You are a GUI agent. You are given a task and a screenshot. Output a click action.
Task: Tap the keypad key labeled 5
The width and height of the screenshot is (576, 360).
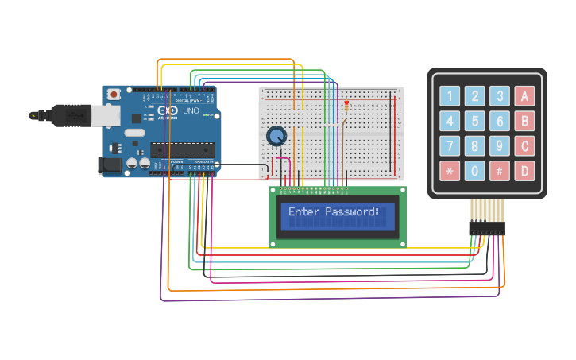[x=474, y=122]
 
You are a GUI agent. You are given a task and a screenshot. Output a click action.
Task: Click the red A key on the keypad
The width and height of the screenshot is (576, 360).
[x=524, y=97]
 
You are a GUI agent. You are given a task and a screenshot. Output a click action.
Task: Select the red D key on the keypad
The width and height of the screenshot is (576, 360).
[x=524, y=170]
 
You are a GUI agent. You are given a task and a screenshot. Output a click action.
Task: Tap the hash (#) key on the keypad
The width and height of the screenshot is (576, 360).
[x=499, y=170]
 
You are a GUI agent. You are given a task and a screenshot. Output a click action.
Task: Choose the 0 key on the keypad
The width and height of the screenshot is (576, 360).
[x=474, y=170]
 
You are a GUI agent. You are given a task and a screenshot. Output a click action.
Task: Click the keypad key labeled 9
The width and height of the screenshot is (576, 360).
[x=499, y=146]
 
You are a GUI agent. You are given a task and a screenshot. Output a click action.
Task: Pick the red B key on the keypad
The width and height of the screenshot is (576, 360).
[x=524, y=122]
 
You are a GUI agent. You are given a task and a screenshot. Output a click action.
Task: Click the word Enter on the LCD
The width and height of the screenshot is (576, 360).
[x=303, y=212]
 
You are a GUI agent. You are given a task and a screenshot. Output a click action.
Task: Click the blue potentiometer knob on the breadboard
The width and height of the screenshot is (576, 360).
[x=276, y=137]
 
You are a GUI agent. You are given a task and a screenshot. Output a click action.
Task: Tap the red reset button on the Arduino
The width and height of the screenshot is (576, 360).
[x=114, y=94]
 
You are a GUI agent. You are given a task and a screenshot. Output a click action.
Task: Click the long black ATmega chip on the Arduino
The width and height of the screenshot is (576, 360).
[x=183, y=149]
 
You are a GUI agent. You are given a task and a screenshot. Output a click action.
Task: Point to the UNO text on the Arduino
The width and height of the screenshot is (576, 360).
[x=191, y=110]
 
